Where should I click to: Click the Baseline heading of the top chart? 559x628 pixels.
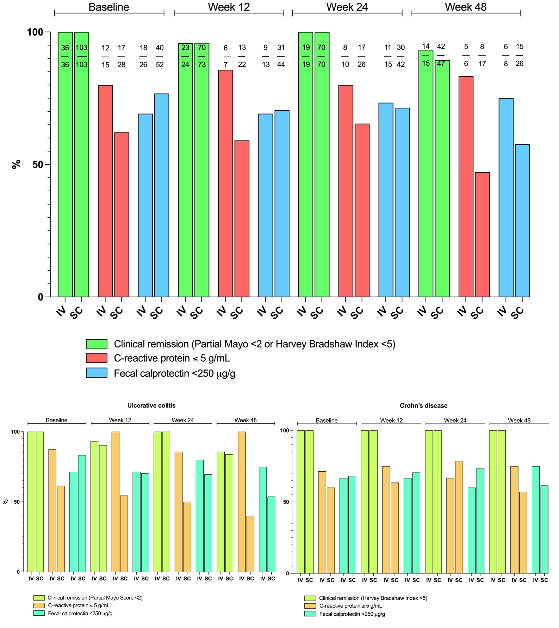coord(109,7)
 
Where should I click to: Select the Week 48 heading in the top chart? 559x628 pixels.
coord(466,7)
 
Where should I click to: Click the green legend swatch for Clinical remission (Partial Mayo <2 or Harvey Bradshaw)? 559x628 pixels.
coord(97,344)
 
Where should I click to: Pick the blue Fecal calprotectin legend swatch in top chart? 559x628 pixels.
coord(97,373)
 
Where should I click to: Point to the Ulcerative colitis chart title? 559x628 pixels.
coord(151,405)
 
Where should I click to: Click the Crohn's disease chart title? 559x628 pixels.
coord(423,405)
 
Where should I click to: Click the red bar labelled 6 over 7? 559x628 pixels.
coord(225,183)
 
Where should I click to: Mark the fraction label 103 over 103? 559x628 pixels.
coord(81,56)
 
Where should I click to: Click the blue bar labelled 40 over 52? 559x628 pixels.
coord(162,195)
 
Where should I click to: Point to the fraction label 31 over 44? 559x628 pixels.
coord(281,56)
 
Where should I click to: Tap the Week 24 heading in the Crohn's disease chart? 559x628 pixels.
coord(455,421)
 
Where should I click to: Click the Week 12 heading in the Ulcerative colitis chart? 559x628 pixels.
coord(120,420)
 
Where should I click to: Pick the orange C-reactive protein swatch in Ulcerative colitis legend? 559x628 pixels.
coord(39,605)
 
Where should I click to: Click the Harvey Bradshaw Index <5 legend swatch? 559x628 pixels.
coord(310,598)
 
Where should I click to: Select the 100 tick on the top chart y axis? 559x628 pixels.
coord(35,32)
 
